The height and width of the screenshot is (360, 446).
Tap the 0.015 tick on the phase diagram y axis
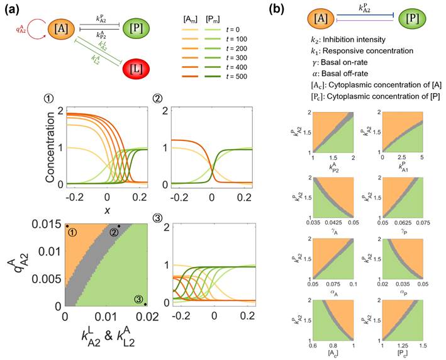tap(48, 224)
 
